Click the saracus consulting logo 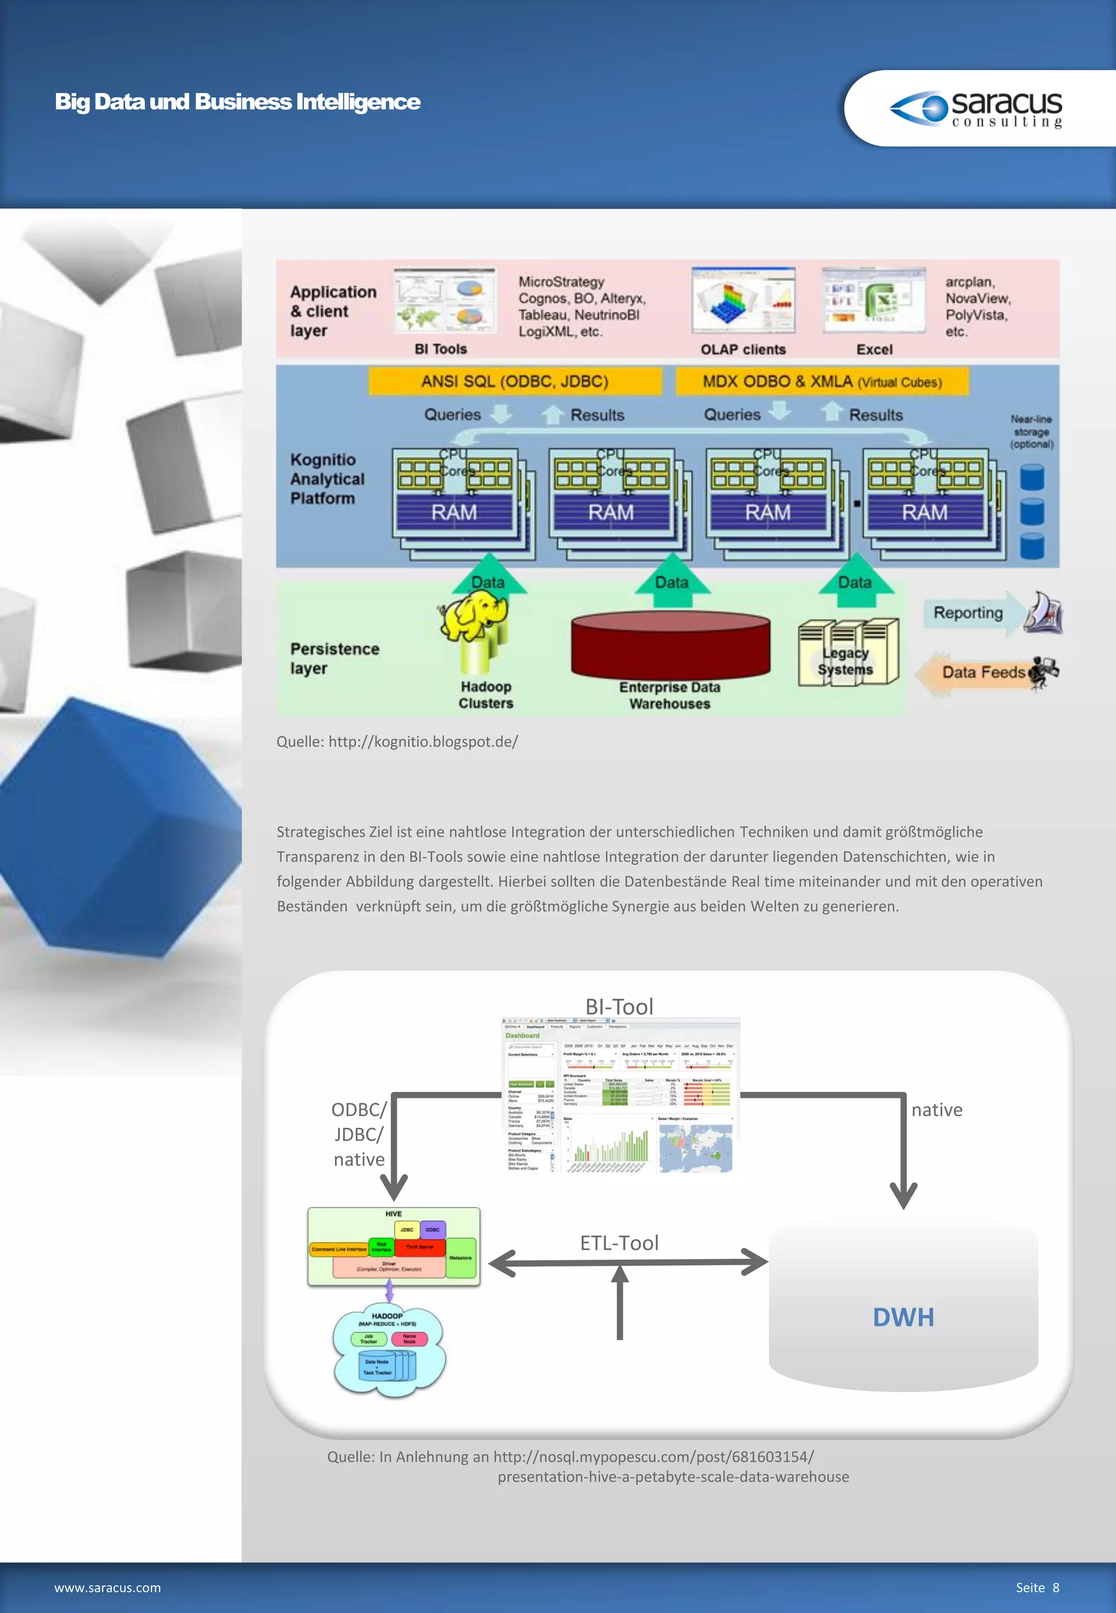pyautogui.click(x=976, y=108)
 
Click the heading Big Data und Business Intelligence pyautogui.click(x=237, y=102)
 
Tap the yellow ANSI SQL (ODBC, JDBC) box pyautogui.click(x=514, y=381)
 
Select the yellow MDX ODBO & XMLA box pyautogui.click(x=822, y=381)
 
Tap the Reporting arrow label pyautogui.click(x=968, y=613)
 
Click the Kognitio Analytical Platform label pyautogui.click(x=327, y=479)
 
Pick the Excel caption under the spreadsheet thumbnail pyautogui.click(x=874, y=349)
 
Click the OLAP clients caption pyautogui.click(x=743, y=349)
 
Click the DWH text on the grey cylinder pyautogui.click(x=903, y=1317)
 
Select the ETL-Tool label pyautogui.click(x=619, y=1243)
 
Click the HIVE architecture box pyautogui.click(x=393, y=1247)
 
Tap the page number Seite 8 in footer pyautogui.click(x=1037, y=1587)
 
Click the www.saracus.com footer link pyautogui.click(x=108, y=1588)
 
